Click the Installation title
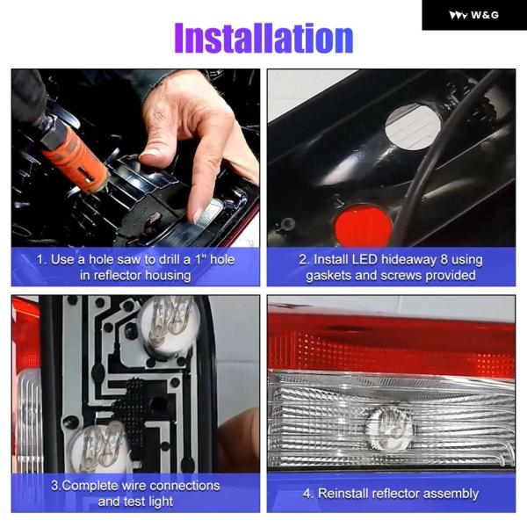click(x=263, y=38)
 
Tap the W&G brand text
click(x=485, y=15)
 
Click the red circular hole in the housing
click(x=364, y=225)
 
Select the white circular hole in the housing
click(x=413, y=126)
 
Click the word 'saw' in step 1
click(x=131, y=259)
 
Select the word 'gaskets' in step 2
click(x=328, y=276)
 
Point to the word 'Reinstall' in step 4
click(x=343, y=494)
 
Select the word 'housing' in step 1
click(x=168, y=276)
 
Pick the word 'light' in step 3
click(x=158, y=502)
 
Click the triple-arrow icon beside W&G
click(x=458, y=15)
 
